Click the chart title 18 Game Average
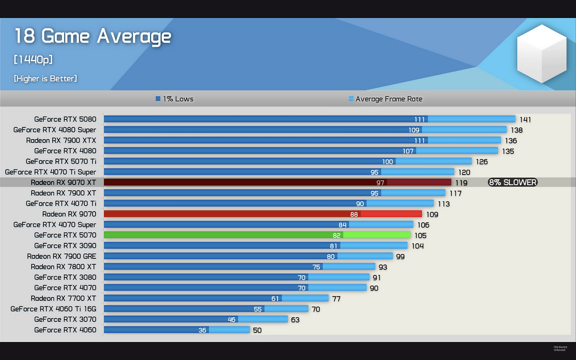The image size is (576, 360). pyautogui.click(x=93, y=36)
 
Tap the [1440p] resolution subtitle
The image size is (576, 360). pyautogui.click(x=33, y=60)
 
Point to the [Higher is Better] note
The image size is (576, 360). pyautogui.click(x=45, y=78)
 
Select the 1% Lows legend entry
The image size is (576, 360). pyautogui.click(x=174, y=99)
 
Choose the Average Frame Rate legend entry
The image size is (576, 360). pyautogui.click(x=385, y=99)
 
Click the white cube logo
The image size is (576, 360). pyautogui.click(x=541, y=53)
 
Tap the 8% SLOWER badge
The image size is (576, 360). pyautogui.click(x=512, y=182)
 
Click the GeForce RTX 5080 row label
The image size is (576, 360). pyautogui.click(x=65, y=119)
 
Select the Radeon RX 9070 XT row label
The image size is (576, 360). pyautogui.click(x=64, y=182)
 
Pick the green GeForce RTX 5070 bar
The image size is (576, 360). pyautogui.click(x=257, y=235)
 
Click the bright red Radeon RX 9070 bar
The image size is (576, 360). pyautogui.click(x=262, y=214)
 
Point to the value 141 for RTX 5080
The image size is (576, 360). pyautogui.click(x=525, y=120)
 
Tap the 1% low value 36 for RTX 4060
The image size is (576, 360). pyautogui.click(x=202, y=330)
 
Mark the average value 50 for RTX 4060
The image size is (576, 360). pyautogui.click(x=257, y=331)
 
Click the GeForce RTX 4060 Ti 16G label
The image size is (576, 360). pyautogui.click(x=54, y=309)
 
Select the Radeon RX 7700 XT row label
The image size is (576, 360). pyautogui.click(x=64, y=298)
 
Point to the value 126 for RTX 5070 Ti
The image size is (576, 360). pyautogui.click(x=482, y=162)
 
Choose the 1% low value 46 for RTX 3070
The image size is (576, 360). pyautogui.click(x=232, y=320)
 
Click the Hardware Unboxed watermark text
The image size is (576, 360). pyautogui.click(x=560, y=348)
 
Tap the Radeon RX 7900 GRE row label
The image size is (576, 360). pyautogui.click(x=61, y=256)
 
